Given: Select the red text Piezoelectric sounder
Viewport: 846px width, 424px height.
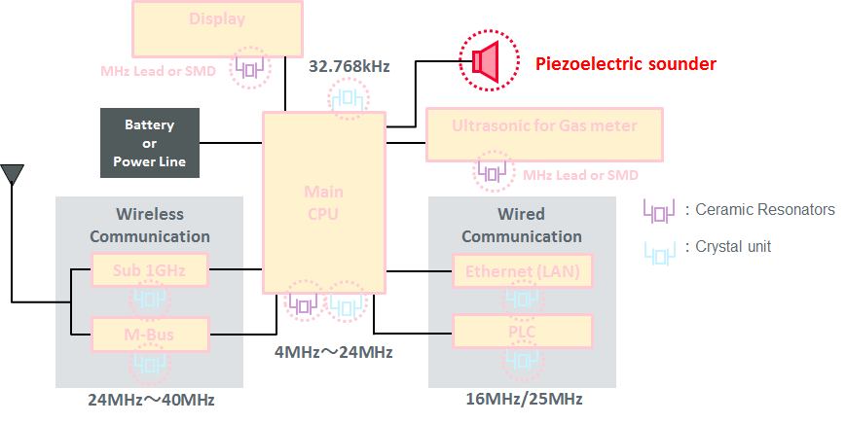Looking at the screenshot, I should coord(625,64).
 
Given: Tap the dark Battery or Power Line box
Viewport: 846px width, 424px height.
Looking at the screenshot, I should coord(149,143).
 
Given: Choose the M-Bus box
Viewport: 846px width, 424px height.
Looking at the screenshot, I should coord(150,335).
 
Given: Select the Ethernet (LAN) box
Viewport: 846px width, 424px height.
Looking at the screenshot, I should coord(522,271).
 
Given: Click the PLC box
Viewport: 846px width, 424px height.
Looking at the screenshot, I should coord(522,331).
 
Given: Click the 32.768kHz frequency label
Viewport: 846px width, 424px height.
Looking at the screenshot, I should coord(349,67).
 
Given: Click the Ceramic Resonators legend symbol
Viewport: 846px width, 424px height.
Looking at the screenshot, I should coord(659,209).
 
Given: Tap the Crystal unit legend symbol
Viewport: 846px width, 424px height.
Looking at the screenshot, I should coord(659,248).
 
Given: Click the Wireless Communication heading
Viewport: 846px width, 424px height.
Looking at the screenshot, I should coord(149,225).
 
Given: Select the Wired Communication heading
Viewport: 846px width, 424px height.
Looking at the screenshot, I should coord(521,225).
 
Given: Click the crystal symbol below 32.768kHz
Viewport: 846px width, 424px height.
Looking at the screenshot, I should coord(349,99).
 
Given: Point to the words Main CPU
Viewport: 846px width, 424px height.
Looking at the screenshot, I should coord(324,202).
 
